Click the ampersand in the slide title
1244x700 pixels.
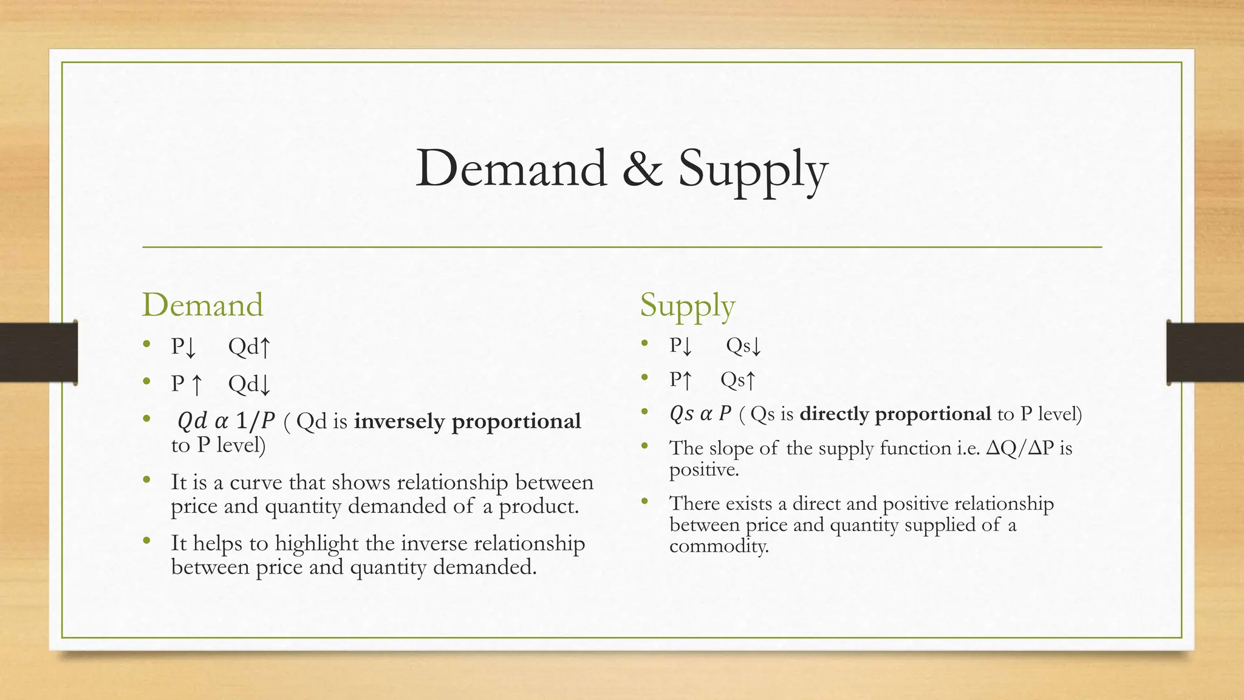click(x=642, y=168)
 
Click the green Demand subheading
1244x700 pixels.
click(x=202, y=304)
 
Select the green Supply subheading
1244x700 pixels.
click(x=687, y=305)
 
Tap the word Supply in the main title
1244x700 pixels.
click(x=753, y=170)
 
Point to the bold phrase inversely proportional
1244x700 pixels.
click(x=468, y=421)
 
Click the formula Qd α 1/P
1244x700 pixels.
click(x=226, y=420)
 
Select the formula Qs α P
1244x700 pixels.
click(x=700, y=414)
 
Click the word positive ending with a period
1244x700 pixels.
click(x=703, y=470)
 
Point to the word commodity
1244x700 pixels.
click(x=719, y=546)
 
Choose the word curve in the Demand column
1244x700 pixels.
click(x=256, y=482)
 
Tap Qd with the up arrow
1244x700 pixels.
click(x=249, y=347)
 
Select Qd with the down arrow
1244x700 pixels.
click(x=249, y=384)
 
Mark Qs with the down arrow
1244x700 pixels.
click(x=743, y=346)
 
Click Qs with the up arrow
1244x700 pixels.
click(x=738, y=380)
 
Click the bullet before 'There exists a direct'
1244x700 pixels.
click(x=644, y=501)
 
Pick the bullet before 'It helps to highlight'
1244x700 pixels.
click(x=146, y=540)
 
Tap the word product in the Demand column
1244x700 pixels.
click(x=538, y=506)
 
